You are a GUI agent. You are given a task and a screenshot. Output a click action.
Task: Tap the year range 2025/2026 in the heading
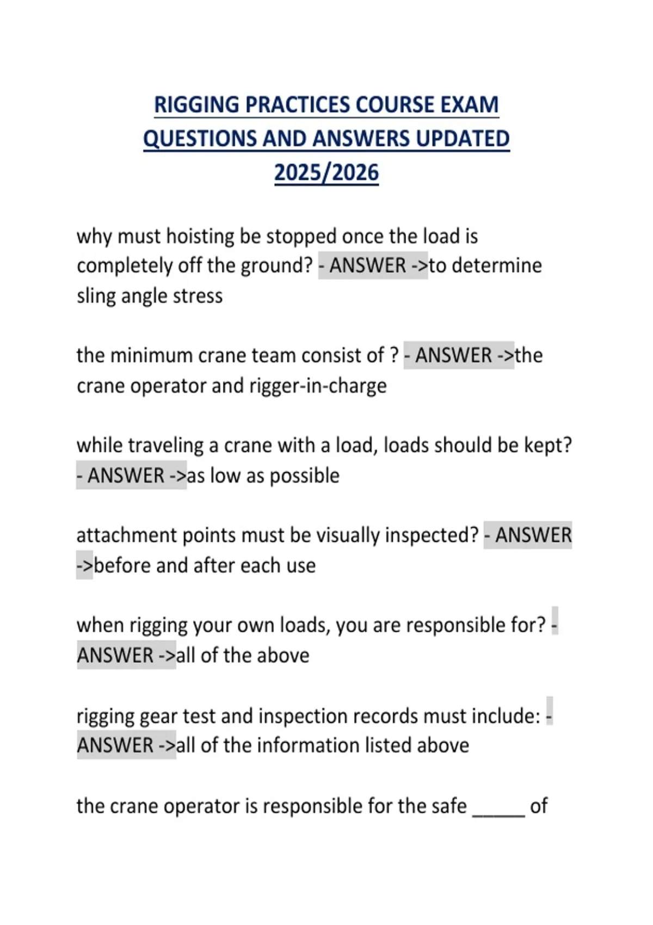326,172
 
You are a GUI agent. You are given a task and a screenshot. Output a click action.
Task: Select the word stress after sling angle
198,296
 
